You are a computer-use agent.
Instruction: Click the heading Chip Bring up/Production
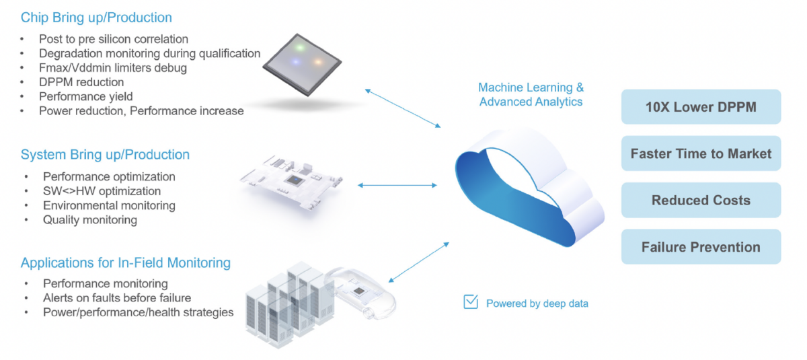coord(96,17)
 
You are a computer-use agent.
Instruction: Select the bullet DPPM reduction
coord(81,81)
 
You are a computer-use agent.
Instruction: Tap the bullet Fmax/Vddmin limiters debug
coord(113,67)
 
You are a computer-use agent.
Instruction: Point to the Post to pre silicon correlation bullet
coord(114,39)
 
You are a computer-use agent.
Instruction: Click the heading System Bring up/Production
coord(105,155)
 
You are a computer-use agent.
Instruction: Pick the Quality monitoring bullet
coord(89,219)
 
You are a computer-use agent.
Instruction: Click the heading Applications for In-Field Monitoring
coord(126,262)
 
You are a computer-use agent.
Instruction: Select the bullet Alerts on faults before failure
coord(117,297)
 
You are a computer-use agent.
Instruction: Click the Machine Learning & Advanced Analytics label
coord(531,95)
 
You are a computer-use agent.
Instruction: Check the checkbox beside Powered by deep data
coord(471,302)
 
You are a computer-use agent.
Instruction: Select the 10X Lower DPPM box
coord(701,106)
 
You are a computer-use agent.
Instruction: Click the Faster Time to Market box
coord(701,153)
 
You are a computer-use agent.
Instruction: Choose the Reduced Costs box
coord(701,200)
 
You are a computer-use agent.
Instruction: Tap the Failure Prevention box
coord(701,247)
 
